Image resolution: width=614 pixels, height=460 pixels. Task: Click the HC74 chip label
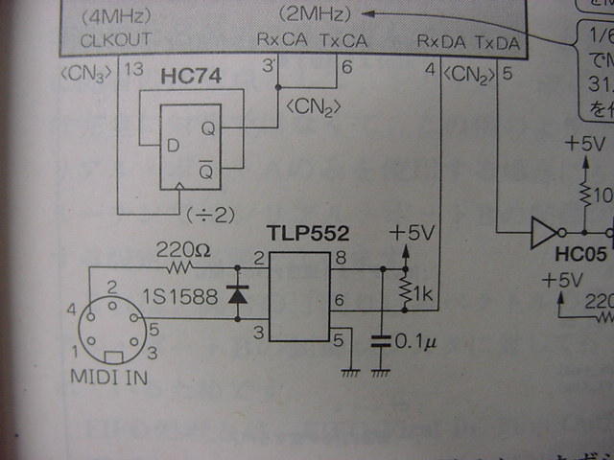coord(192,76)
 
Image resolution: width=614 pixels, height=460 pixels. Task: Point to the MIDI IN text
coord(109,377)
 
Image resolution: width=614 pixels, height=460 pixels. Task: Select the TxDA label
coord(496,43)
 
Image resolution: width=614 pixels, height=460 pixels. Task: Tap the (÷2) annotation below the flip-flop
coord(210,213)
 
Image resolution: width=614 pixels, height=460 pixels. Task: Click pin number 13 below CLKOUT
coord(134,69)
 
